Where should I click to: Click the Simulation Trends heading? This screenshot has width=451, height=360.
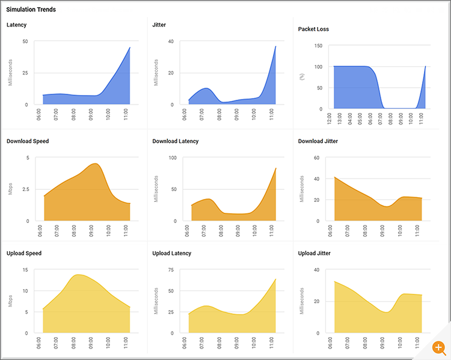31,10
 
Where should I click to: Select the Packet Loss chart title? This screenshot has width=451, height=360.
313,29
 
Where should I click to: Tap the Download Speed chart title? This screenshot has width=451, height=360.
28,141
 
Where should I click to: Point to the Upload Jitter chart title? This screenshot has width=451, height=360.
314,253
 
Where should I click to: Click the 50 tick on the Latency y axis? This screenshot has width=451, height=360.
25,41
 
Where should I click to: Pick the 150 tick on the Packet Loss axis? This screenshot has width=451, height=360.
318,46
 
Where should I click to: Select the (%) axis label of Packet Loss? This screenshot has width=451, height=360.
302,77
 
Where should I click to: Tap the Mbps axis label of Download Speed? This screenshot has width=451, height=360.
10,189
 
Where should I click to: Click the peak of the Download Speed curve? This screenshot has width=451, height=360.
95,163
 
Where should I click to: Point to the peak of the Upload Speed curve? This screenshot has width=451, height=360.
78,275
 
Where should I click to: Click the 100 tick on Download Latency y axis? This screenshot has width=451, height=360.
172,158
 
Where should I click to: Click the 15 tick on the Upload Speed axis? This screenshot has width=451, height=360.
25,270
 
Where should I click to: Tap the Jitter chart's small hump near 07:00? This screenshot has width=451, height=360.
206,88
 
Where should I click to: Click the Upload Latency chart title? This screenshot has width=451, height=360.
172,253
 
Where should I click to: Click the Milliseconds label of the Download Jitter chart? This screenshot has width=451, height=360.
302,189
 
